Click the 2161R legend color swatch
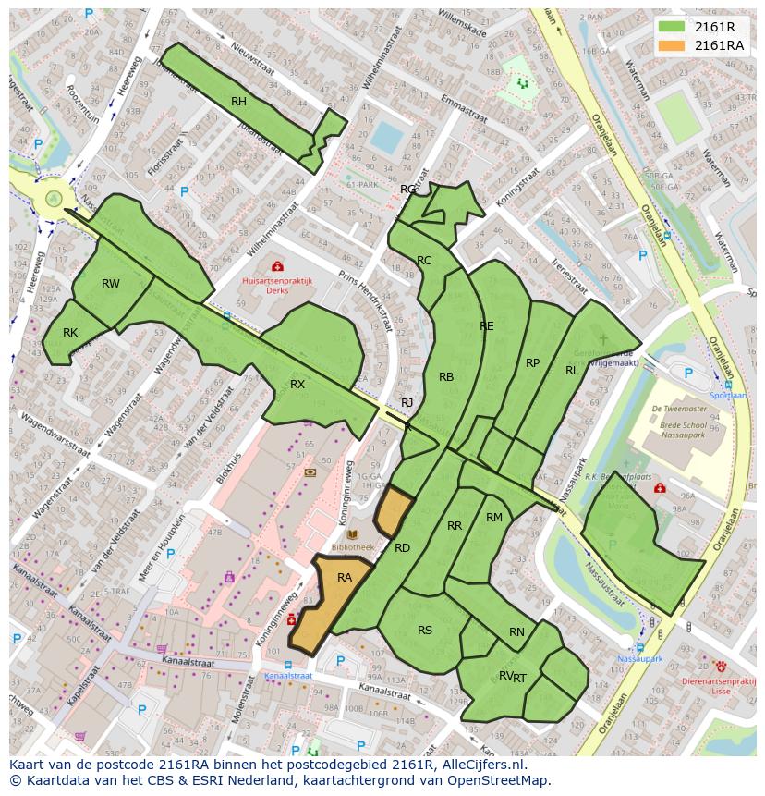pyautogui.click(x=672, y=27)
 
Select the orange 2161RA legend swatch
pyautogui.click(x=672, y=45)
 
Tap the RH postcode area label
pyautogui.click(x=238, y=102)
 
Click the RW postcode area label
pyautogui.click(x=111, y=284)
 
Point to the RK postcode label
pyautogui.click(x=70, y=333)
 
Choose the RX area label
pyautogui.click(x=297, y=384)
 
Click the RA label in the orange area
pyautogui.click(x=345, y=578)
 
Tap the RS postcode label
pyautogui.click(x=425, y=631)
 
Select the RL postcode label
pyautogui.click(x=572, y=371)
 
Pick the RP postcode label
pyautogui.click(x=532, y=363)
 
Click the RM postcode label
pyautogui.click(x=494, y=518)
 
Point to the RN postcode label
pyautogui.click(x=516, y=632)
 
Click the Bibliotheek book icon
pyautogui.click(x=352, y=534)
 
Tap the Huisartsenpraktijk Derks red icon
pyautogui.click(x=277, y=266)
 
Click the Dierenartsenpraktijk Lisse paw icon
pyautogui.click(x=721, y=666)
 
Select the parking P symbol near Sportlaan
pyautogui.click(x=688, y=374)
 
